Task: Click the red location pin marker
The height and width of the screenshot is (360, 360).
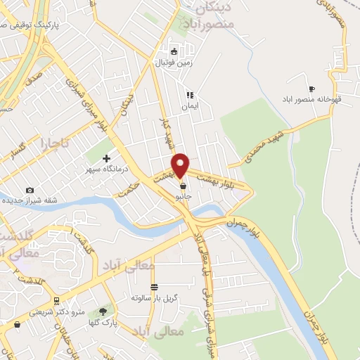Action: [x=181, y=165]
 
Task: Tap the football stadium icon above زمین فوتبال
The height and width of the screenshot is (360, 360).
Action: [x=174, y=50]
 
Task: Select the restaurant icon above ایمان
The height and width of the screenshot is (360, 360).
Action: [x=188, y=95]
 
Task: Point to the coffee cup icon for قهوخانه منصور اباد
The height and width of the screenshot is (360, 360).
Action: [x=311, y=89]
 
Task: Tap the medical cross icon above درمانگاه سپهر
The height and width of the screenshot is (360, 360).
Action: [x=106, y=158]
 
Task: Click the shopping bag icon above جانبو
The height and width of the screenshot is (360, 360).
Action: [x=184, y=186]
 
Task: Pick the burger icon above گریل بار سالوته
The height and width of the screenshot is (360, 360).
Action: [x=154, y=287]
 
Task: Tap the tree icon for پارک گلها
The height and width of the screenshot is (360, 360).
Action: [x=105, y=311]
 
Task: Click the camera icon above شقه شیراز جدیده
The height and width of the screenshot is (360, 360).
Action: [x=30, y=191]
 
